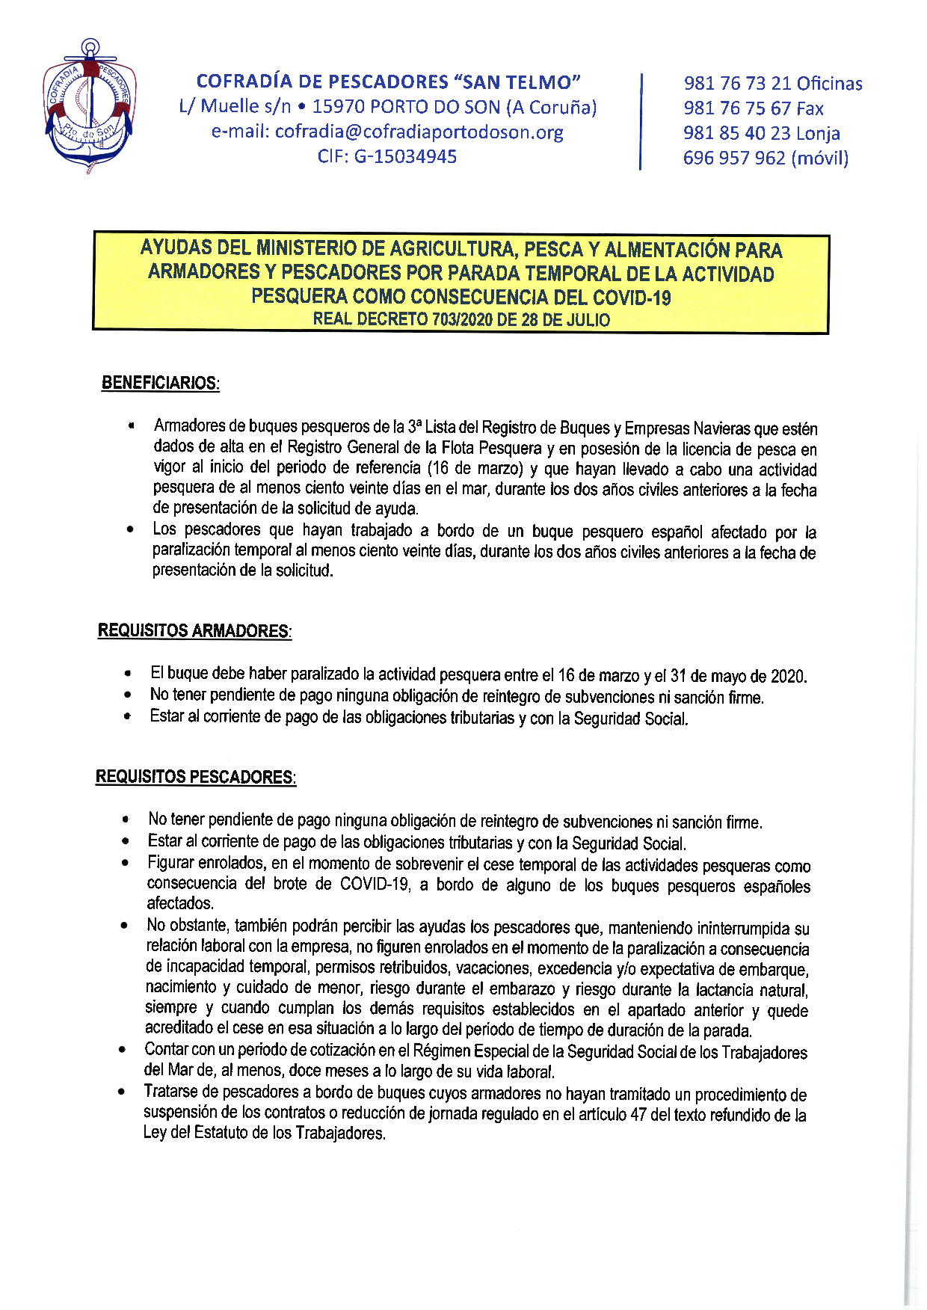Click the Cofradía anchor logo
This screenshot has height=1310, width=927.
point(90,107)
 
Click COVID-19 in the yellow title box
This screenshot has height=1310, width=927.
point(632,298)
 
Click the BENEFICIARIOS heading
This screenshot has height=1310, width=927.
point(160,383)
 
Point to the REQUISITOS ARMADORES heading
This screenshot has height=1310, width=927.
point(194,631)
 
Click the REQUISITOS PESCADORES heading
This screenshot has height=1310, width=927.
point(195,777)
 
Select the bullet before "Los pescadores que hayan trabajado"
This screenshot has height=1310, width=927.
point(131,530)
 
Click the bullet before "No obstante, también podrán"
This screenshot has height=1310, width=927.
point(124,926)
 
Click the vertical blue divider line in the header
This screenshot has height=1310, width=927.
point(641,121)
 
